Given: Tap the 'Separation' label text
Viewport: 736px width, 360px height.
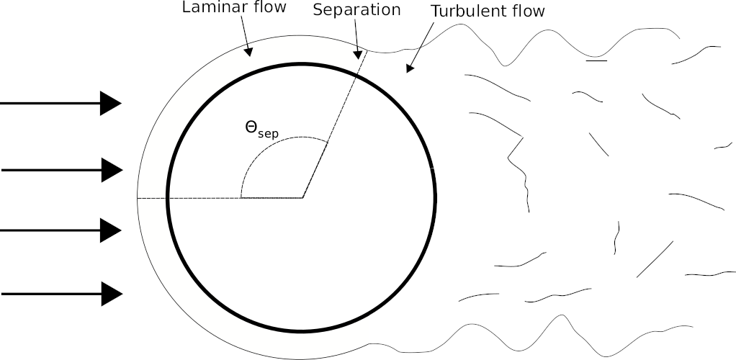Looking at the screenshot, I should pyautogui.click(x=356, y=10).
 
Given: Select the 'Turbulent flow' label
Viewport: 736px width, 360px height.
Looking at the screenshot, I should pyautogui.click(x=488, y=12).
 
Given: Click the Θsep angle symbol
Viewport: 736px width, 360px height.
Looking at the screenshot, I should pyautogui.click(x=261, y=129).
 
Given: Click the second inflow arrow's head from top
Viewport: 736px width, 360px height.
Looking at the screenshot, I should pyautogui.click(x=112, y=170).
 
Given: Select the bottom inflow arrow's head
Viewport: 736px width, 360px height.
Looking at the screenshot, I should pyautogui.click(x=112, y=294).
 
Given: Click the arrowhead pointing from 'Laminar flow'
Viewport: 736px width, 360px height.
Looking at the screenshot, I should pyautogui.click(x=248, y=51).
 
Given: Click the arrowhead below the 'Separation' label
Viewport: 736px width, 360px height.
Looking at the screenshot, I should pyautogui.click(x=356, y=54).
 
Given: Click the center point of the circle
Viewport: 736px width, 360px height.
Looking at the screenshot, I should pyautogui.click(x=302, y=197).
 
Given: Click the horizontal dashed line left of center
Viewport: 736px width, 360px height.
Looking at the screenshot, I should pyautogui.click(x=216, y=197).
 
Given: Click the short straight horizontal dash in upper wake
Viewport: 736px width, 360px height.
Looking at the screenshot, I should pyautogui.click(x=596, y=61).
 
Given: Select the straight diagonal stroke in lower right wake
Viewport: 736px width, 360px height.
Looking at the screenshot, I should pyautogui.click(x=655, y=259).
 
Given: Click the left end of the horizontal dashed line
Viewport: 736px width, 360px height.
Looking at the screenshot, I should pyautogui.click(x=138, y=197).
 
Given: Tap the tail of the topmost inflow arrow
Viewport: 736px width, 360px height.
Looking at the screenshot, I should pyautogui.click(x=3, y=104).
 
